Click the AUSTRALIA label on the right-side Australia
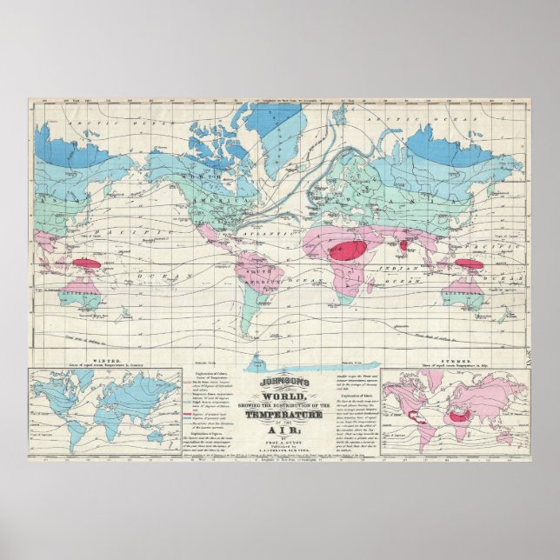[x=476, y=297]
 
